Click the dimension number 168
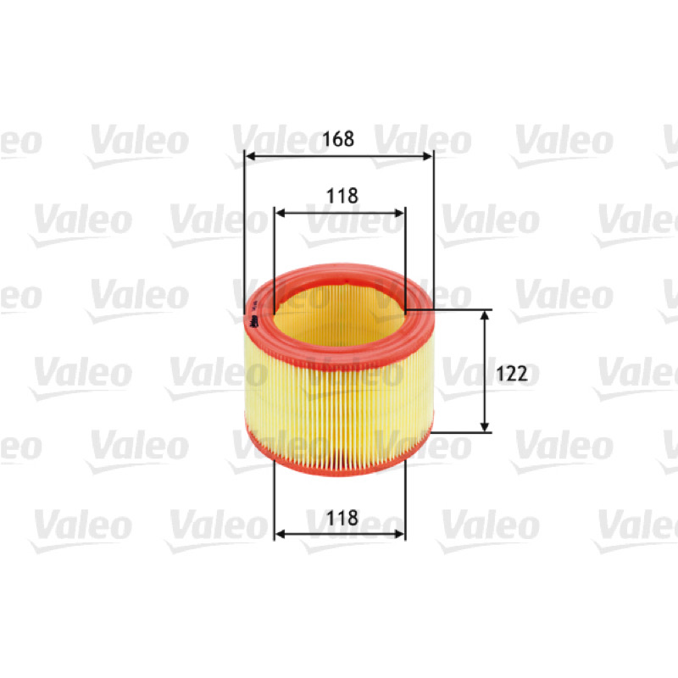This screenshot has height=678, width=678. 338,139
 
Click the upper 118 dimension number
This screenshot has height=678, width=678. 342,196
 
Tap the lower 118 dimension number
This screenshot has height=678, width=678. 342,518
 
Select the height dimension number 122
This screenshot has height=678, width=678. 512,374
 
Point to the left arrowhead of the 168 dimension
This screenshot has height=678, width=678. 250,156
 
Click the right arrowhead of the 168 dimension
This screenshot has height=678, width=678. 427,156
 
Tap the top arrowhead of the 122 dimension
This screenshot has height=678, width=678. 485,315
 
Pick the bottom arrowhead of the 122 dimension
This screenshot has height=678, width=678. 485,426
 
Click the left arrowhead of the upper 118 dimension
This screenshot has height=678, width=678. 281,213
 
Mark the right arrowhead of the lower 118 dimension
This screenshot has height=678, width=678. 399,535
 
